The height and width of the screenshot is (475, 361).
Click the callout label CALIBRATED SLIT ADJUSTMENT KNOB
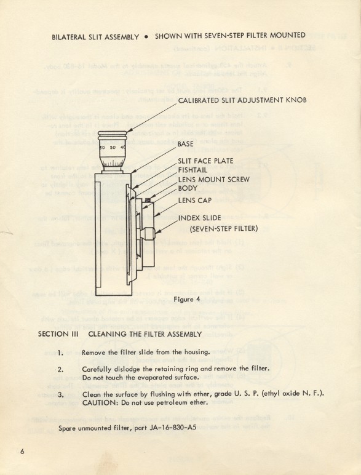[x=242, y=100]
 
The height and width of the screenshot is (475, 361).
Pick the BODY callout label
[x=188, y=188]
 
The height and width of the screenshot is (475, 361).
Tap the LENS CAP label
[x=196, y=200]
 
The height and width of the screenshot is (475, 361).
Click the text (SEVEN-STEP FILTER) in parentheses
[x=223, y=229]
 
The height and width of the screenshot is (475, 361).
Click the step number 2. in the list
[x=60, y=370]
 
